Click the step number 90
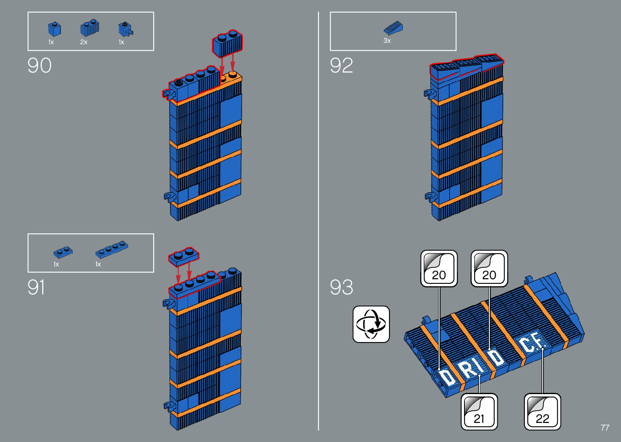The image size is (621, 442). coord(39,65)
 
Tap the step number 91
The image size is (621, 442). coord(36,287)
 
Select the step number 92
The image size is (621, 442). coord(341,65)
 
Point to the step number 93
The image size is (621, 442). coord(341,287)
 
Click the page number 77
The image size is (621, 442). coord(604,428)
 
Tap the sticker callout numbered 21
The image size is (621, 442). coord(479,412)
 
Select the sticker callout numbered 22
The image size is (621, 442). coord(542,412)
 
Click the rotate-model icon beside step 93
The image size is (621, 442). coord(371,324)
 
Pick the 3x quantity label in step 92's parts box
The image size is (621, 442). coord(387,41)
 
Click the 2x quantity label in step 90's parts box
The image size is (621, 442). coord(84,42)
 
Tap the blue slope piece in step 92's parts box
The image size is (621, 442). coord(393,28)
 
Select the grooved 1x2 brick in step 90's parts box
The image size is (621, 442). coord(90,28)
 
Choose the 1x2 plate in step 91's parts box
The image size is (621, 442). coord(63,252)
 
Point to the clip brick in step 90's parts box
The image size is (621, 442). coord(125,29)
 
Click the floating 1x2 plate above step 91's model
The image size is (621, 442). coord(184,256)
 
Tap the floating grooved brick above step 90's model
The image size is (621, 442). coord(227,43)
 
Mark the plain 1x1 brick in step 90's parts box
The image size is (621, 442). coord(54,29)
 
